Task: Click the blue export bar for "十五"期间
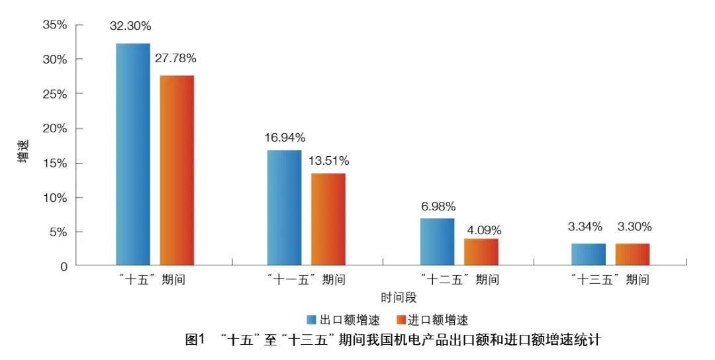tap(132, 154)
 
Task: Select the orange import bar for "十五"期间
tap(177, 170)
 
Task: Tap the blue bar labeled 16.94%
tap(284, 208)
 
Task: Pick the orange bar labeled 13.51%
tap(328, 219)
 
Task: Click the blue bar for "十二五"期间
tap(437, 242)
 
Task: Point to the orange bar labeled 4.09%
tap(481, 252)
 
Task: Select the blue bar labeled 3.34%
tap(588, 254)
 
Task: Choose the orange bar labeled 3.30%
tap(632, 254)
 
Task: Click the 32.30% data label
tap(131, 26)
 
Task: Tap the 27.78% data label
tap(175, 58)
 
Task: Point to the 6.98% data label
tap(438, 206)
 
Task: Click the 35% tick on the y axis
tap(55, 24)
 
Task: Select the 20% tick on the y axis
tap(55, 128)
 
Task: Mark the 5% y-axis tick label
tap(58, 232)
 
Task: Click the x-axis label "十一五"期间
tap(306, 280)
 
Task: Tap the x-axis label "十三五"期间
tap(610, 280)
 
